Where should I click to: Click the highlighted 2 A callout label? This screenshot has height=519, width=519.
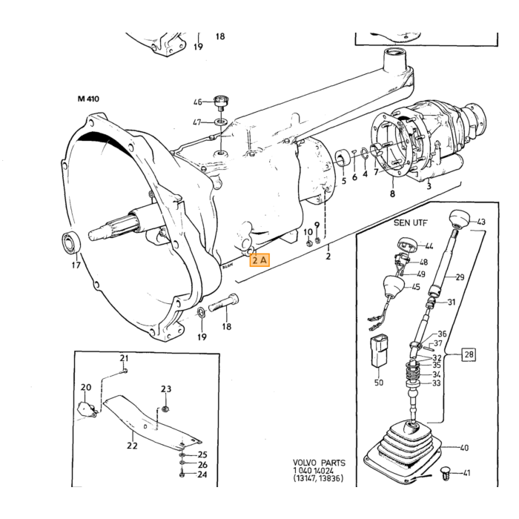[259, 260]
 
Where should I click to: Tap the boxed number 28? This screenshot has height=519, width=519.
[469, 355]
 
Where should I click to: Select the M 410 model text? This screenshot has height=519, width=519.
[88, 99]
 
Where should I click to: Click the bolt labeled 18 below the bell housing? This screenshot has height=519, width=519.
[224, 303]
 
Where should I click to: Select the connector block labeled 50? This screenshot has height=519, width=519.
[379, 352]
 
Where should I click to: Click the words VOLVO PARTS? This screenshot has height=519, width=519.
[319, 463]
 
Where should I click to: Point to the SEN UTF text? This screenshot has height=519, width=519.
[411, 222]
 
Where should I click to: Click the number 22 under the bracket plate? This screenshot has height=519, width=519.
[132, 446]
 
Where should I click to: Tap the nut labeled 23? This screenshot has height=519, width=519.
[165, 409]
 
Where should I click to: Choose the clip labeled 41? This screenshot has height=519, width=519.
[446, 473]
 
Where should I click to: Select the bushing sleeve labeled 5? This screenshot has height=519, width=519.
[343, 157]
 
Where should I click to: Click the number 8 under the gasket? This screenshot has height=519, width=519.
[392, 194]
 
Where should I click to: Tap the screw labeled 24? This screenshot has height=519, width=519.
[182, 475]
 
